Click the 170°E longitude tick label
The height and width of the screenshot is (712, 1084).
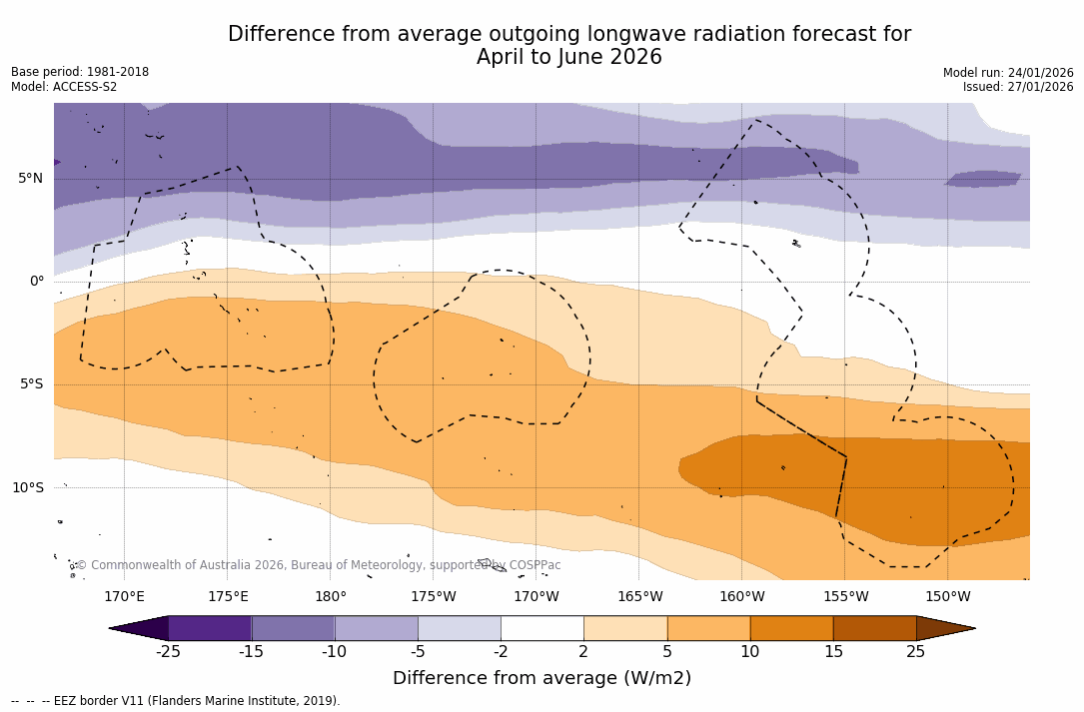[124, 597]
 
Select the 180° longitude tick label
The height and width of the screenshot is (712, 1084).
[331, 597]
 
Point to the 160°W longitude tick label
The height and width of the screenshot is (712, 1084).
[742, 597]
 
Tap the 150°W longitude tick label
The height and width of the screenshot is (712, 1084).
[948, 597]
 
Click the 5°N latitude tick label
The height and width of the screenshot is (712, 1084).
[30, 179]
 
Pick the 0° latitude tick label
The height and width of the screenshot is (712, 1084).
[37, 282]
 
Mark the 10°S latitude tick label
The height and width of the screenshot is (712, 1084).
[27, 488]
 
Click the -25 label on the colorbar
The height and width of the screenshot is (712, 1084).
[168, 652]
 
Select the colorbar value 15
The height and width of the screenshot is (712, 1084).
[833, 652]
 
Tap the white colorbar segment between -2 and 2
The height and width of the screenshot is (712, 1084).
[542, 628]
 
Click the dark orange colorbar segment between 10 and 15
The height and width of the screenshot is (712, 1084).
[791, 628]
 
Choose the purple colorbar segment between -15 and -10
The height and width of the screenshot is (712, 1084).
[293, 628]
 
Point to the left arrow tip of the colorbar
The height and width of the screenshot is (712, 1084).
[111, 628]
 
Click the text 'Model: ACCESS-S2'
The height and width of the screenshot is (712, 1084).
[64, 87]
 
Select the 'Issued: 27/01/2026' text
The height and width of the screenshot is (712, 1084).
[1018, 87]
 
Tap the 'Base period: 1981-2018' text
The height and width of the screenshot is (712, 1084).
[80, 72]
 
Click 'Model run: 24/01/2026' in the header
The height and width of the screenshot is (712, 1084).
[1008, 73]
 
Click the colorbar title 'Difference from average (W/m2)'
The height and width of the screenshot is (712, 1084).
[542, 679]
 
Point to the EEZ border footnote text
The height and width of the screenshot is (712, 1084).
[176, 701]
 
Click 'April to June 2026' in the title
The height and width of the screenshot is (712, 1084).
[569, 58]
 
